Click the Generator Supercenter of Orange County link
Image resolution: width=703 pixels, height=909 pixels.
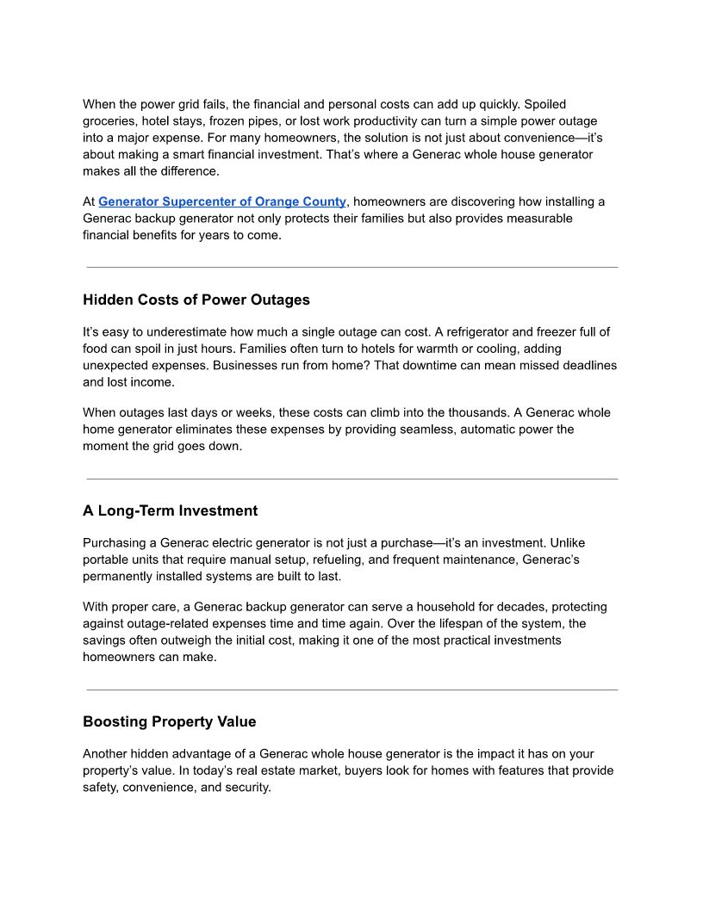pyautogui.click(x=222, y=201)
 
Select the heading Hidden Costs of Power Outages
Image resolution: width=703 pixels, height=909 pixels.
pyautogui.click(x=196, y=300)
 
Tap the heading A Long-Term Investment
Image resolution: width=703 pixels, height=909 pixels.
pyautogui.click(x=170, y=511)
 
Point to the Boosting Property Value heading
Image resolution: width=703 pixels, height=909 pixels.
pyautogui.click(x=169, y=721)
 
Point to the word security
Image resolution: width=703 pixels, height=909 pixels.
pyautogui.click(x=246, y=787)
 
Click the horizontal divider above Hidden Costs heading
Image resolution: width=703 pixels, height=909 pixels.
pyautogui.click(x=351, y=268)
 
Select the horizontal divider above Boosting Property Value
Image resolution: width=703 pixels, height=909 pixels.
pyautogui.click(x=351, y=689)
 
